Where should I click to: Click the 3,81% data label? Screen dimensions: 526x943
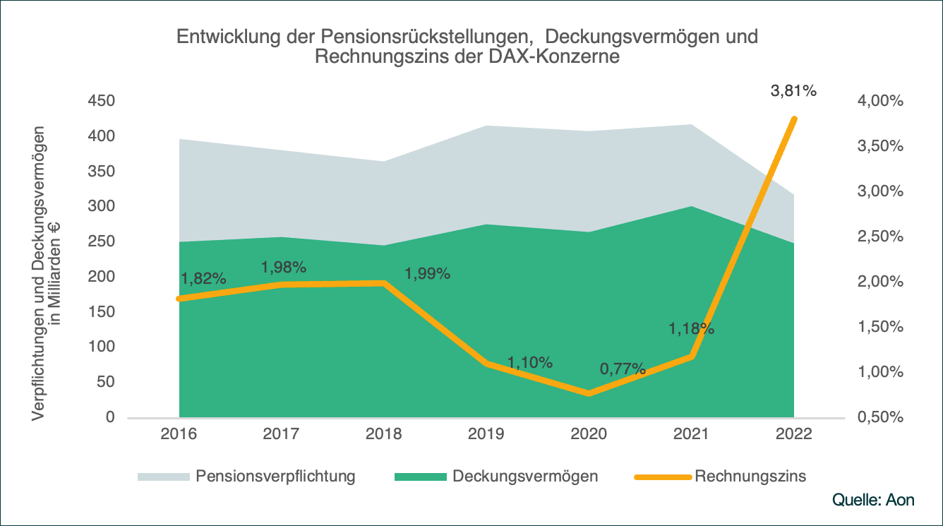(x=793, y=90)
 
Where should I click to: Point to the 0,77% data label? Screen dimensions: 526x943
(x=623, y=369)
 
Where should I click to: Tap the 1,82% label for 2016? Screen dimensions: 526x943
(x=203, y=278)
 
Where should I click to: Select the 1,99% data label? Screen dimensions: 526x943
(x=427, y=274)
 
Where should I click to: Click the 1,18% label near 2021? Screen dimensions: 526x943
(x=692, y=329)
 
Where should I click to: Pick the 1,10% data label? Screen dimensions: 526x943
(x=530, y=363)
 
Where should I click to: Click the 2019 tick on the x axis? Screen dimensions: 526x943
(x=486, y=434)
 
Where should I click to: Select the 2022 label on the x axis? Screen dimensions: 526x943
(x=794, y=434)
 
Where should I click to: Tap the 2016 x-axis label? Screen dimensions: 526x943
(x=179, y=434)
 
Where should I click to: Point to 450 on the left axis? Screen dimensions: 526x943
(x=101, y=101)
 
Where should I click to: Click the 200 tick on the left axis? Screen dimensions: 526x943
(x=101, y=277)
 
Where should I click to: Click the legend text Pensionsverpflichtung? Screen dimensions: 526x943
(x=276, y=476)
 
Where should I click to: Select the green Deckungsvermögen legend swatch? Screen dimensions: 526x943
(x=421, y=477)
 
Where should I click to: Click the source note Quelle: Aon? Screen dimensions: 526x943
(x=874, y=500)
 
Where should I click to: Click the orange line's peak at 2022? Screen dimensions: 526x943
(x=794, y=119)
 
